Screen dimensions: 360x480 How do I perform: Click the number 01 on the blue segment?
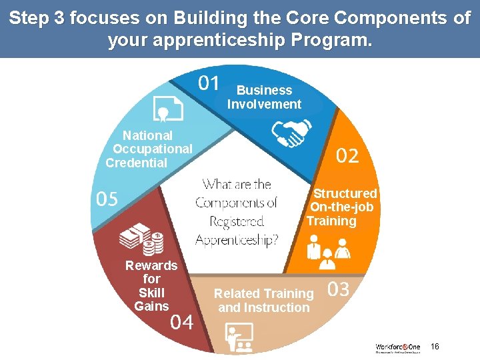point(209,83)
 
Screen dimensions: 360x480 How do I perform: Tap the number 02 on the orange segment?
point(347,157)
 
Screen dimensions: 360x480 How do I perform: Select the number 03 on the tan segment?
point(338,289)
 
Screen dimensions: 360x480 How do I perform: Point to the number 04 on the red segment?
point(182,323)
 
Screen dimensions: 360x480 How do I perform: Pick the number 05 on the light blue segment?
point(107,199)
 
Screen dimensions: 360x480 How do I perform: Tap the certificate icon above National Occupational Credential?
point(167,108)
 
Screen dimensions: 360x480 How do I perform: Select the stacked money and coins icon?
point(141,239)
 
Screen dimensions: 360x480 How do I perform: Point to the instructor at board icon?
point(239,338)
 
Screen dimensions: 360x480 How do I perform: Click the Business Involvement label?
point(264,97)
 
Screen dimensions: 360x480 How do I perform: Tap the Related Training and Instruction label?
point(264,301)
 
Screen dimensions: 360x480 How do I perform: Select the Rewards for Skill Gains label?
point(151,286)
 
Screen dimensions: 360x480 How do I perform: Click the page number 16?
point(435,347)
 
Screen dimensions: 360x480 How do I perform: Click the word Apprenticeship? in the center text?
point(237,239)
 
